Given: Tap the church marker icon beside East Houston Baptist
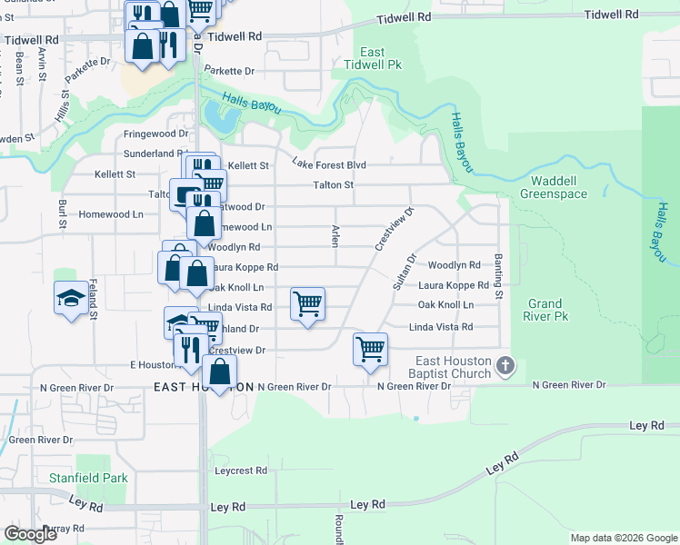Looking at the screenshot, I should (506, 367).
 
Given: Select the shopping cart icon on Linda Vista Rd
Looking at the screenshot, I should (308, 304).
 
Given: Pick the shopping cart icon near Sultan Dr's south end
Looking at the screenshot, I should (370, 349).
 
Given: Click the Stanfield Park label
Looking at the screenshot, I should (101, 476).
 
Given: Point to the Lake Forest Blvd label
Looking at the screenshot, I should (328, 164).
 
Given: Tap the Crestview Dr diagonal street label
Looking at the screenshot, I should (394, 230).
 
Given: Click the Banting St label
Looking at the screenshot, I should (499, 275).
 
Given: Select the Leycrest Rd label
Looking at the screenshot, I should (241, 471).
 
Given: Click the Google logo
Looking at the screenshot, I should (30, 534).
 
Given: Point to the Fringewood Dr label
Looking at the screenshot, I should (155, 134).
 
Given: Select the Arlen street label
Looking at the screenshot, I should (335, 234).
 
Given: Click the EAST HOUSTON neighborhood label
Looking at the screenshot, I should (204, 387).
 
